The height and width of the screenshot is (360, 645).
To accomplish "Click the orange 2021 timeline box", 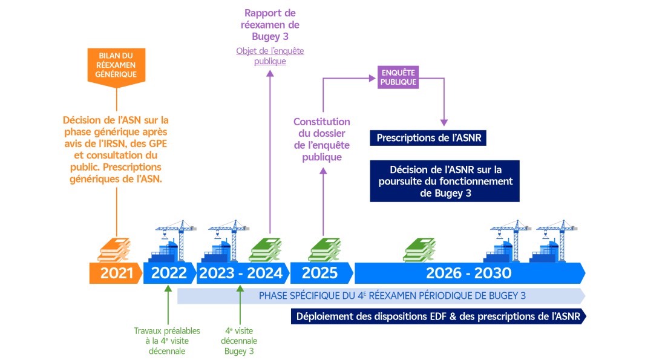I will [116, 273].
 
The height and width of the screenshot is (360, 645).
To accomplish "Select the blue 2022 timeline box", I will [169, 273].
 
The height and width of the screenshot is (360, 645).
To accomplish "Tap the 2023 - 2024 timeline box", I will [241, 273].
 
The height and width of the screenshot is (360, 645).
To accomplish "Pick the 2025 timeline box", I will [319, 273].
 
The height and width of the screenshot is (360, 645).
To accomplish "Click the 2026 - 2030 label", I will [468, 273].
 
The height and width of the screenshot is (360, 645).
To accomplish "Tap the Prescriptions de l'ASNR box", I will [428, 138].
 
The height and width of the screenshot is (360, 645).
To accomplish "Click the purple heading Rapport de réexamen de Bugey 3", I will [269, 25].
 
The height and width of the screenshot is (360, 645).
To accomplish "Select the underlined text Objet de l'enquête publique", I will [270, 56].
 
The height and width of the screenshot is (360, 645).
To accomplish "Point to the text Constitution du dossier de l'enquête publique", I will [321, 139].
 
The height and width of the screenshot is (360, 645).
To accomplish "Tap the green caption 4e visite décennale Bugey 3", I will [240, 341].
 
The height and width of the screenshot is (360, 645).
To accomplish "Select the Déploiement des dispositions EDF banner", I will [438, 316].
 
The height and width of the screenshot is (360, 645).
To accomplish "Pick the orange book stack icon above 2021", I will [114, 249].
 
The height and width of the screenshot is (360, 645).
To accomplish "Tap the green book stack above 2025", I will [323, 249].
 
